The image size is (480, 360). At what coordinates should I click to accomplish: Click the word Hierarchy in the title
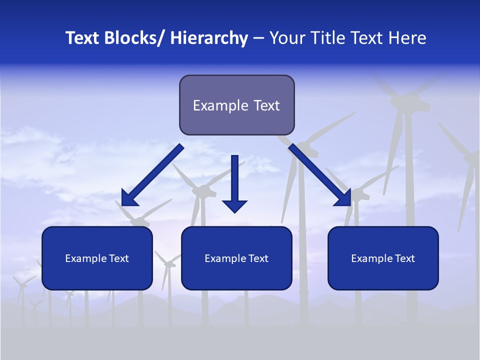click(x=209, y=38)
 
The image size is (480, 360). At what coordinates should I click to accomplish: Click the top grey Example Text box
click(x=236, y=105)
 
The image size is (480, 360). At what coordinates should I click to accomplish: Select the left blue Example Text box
click(x=97, y=258)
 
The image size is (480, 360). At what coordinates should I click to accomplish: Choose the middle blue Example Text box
click(x=236, y=258)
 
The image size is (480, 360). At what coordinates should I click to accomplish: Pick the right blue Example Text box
click(x=383, y=258)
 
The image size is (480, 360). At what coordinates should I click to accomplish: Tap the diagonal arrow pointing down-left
click(x=152, y=175)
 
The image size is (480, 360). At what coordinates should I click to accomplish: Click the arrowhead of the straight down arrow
click(x=234, y=206)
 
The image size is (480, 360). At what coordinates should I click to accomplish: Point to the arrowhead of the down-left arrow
click(x=128, y=198)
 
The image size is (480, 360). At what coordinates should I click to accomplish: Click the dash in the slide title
click(x=258, y=38)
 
